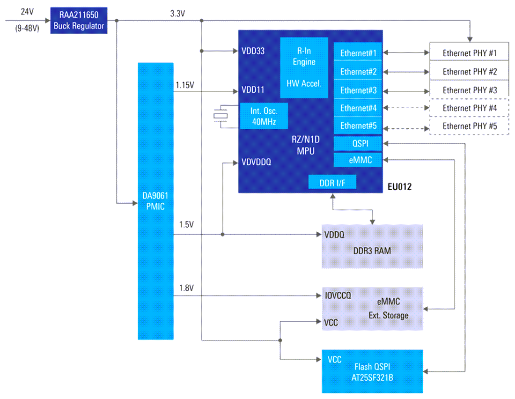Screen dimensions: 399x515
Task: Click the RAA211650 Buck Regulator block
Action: [x=79, y=20]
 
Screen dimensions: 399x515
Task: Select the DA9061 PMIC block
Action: [x=156, y=201]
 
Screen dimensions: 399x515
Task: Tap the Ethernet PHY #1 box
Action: [x=469, y=53]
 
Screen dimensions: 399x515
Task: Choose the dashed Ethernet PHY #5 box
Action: [x=469, y=126]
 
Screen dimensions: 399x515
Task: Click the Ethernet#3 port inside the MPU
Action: [x=358, y=90]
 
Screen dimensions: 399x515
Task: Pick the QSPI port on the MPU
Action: [x=358, y=144]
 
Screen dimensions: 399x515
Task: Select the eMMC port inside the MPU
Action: [x=358, y=160]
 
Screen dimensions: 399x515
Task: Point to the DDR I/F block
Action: [x=332, y=183]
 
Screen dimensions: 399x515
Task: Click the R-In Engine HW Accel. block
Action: [x=304, y=67]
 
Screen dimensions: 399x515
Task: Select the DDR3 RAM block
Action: [x=372, y=247]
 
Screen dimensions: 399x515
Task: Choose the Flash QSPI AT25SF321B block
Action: [x=372, y=371]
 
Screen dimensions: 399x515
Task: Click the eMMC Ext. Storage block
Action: [x=372, y=309]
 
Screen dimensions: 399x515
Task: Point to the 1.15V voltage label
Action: [x=185, y=85]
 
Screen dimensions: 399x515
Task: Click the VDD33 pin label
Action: [x=253, y=51]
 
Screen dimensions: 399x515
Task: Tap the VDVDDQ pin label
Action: [x=257, y=163]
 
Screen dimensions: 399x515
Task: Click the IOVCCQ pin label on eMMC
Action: [x=338, y=296]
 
